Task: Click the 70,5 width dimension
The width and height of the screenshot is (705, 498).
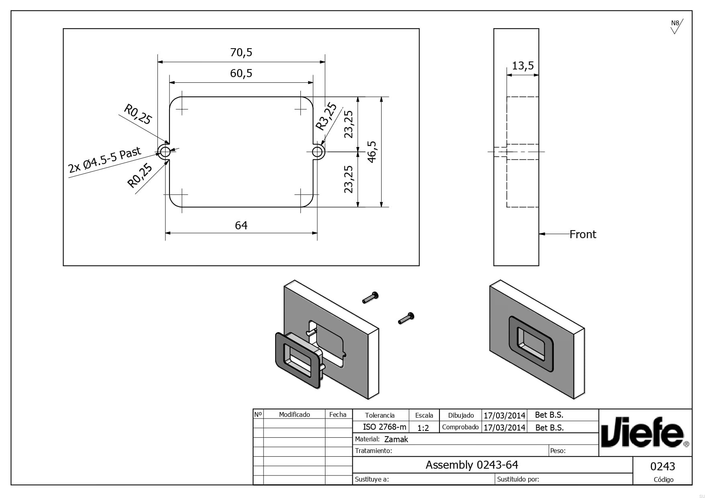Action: click(241, 53)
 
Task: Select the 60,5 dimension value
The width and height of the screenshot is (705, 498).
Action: click(241, 73)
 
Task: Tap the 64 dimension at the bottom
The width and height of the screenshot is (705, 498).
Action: click(241, 226)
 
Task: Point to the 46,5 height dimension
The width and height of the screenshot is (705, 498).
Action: click(372, 152)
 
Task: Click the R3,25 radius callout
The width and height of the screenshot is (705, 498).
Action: click(326, 116)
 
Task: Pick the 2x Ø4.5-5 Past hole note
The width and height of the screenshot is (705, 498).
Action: click(105, 159)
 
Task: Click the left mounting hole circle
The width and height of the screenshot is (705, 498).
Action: click(165, 152)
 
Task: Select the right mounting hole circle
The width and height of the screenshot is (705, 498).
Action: click(317, 152)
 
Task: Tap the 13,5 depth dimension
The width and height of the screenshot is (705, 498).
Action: click(523, 65)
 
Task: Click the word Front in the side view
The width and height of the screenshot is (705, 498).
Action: click(583, 235)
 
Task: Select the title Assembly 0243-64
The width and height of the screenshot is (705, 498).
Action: click(472, 465)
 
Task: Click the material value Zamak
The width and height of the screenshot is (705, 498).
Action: click(396, 439)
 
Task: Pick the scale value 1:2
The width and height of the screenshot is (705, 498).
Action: click(423, 428)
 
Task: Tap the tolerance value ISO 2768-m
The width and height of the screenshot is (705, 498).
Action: click(384, 427)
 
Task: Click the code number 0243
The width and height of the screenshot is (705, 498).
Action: click(662, 467)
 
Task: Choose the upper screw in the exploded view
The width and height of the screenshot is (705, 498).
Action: click(370, 298)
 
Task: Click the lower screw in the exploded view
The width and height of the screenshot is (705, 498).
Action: click(406, 318)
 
